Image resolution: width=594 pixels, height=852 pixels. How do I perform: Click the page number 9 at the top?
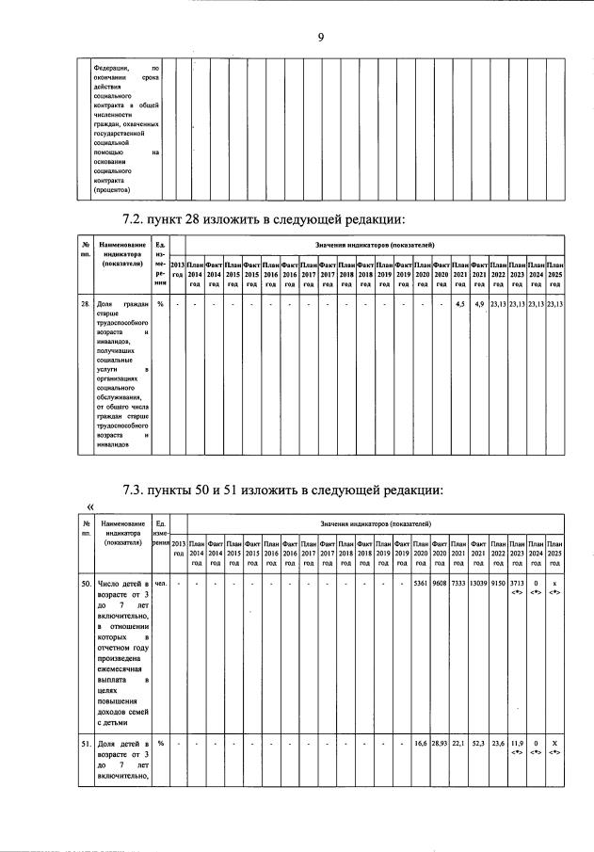(x=320, y=38)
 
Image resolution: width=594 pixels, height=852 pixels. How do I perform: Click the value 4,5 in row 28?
(x=460, y=304)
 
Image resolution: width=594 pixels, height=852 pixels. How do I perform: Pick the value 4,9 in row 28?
(x=479, y=304)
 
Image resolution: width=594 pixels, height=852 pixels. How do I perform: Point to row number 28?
(x=85, y=304)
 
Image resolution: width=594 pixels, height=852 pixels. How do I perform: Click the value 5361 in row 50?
(x=421, y=584)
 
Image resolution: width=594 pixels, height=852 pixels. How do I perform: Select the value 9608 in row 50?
(x=440, y=584)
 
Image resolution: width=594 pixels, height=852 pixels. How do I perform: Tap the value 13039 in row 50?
(x=478, y=584)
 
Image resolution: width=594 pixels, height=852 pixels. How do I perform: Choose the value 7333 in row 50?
(x=458, y=584)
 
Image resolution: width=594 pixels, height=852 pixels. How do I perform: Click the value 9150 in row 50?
(x=498, y=584)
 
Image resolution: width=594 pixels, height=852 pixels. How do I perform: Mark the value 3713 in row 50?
(x=517, y=584)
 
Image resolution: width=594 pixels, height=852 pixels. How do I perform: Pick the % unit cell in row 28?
(x=161, y=304)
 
